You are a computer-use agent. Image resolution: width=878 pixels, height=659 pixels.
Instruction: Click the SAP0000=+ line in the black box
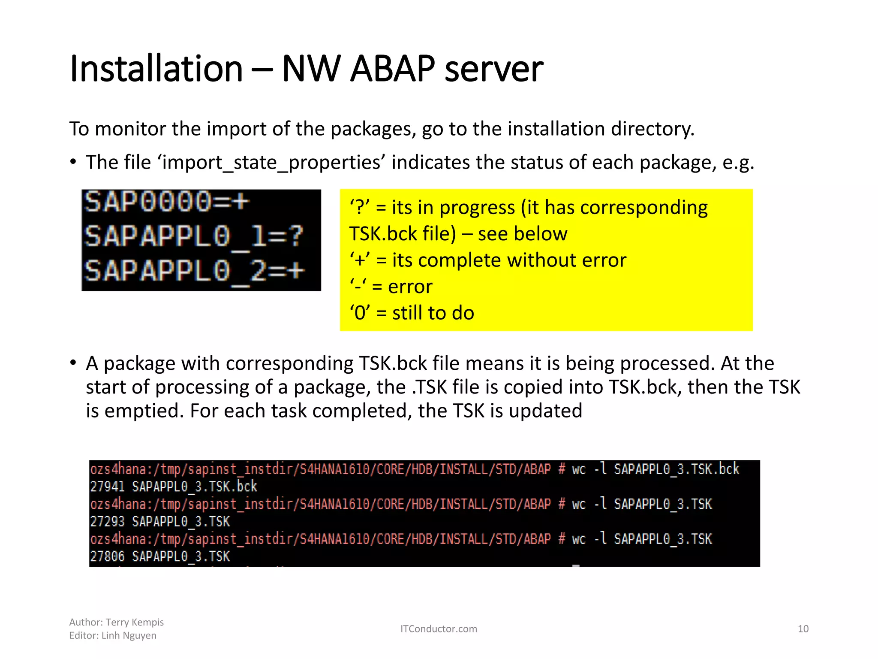pyautogui.click(x=166, y=202)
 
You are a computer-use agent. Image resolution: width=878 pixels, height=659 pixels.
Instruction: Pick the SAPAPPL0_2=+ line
pyautogui.click(x=194, y=271)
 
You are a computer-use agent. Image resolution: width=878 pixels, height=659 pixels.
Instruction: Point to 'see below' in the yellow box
pyautogui.click(x=523, y=234)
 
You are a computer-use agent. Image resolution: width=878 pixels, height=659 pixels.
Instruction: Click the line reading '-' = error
pyautogui.click(x=391, y=287)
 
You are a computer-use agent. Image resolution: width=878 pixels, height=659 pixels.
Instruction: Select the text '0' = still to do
pyautogui.click(x=412, y=313)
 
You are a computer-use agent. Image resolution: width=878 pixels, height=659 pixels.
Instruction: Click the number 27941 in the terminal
pyautogui.click(x=107, y=487)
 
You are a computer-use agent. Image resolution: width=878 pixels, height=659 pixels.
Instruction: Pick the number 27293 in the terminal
pyautogui.click(x=107, y=522)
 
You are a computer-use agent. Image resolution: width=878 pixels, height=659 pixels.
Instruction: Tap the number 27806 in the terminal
pyautogui.click(x=107, y=557)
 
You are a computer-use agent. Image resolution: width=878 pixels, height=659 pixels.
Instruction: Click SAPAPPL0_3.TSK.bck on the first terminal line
pyautogui.click(x=677, y=469)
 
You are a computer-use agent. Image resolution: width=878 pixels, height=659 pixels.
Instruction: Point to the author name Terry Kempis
pyautogui.click(x=135, y=622)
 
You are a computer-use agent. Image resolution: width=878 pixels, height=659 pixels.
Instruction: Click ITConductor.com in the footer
pyautogui.click(x=439, y=629)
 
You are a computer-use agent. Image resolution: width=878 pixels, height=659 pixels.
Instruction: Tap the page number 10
pyautogui.click(x=803, y=629)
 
